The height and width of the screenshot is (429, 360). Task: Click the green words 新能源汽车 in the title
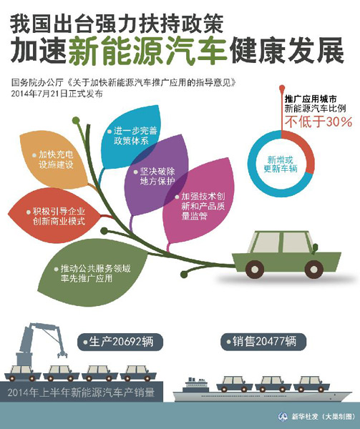coord(148,51)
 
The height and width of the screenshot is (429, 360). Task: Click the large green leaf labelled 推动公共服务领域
coord(90,274)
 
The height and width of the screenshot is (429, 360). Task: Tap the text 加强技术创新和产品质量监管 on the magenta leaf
coord(203,206)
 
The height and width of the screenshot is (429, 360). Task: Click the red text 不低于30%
coord(318,122)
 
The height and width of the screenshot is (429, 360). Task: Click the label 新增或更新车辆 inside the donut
coord(281,164)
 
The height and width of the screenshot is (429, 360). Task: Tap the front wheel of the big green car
coord(313,270)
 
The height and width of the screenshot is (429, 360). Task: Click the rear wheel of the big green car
coord(255,270)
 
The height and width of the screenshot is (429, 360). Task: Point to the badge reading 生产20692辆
coord(120,342)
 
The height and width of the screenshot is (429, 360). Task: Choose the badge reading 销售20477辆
coord(263,342)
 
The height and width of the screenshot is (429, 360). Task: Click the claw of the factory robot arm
coord(62,354)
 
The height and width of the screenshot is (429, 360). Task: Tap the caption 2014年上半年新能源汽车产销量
coord(81,393)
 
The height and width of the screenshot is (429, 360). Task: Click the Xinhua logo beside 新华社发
coord(283,417)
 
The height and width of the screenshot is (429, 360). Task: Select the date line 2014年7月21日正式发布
coord(57,94)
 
